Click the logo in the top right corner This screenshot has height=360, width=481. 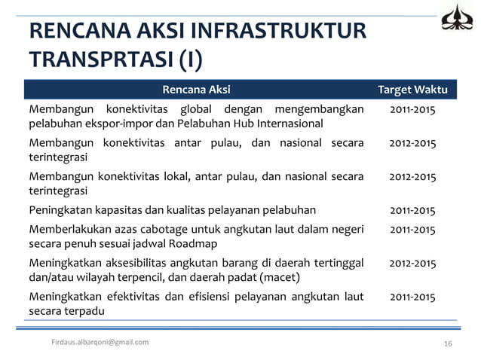(458, 18)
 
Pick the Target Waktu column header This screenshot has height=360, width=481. (412, 90)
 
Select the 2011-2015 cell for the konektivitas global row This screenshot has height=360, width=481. (412, 110)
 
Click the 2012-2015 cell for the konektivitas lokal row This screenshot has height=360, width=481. (412, 177)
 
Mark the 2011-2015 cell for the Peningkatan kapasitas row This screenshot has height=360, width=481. (412, 210)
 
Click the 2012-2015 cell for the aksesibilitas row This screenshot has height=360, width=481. (412, 263)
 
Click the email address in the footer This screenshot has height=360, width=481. (100, 343)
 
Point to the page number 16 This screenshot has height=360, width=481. (447, 343)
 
